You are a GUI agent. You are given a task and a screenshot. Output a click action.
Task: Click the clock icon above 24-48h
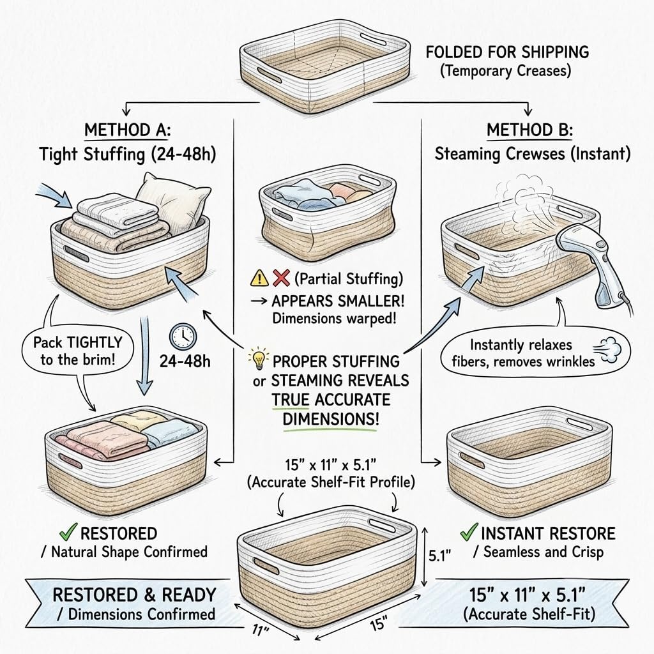(x=183, y=337)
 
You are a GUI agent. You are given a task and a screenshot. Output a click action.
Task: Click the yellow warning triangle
(x=259, y=278)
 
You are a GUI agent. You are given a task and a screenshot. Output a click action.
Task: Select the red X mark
(x=281, y=278)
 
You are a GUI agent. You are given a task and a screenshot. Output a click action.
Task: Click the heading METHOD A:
(x=127, y=130)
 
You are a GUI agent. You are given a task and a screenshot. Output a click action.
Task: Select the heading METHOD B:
(x=529, y=130)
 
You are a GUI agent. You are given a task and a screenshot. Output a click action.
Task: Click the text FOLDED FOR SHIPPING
(x=507, y=52)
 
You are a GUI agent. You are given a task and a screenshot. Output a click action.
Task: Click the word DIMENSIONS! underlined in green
(x=331, y=419)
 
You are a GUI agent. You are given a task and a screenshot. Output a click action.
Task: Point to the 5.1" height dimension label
(x=440, y=556)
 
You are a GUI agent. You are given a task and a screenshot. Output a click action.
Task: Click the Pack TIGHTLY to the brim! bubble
(x=77, y=351)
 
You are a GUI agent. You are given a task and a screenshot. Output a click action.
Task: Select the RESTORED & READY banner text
(x=134, y=595)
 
